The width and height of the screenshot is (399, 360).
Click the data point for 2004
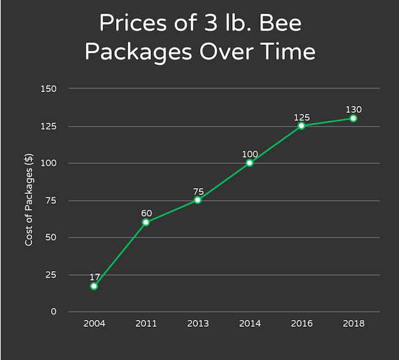click(x=94, y=286)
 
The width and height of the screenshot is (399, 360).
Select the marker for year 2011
click(x=145, y=222)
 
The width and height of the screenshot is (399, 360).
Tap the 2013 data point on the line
click(x=198, y=200)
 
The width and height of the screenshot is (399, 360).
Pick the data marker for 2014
click(x=250, y=163)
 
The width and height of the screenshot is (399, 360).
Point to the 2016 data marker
click(x=301, y=126)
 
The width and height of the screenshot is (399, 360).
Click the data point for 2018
click(x=354, y=118)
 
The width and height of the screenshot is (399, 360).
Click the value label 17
click(x=94, y=276)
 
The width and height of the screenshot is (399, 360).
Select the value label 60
click(x=145, y=213)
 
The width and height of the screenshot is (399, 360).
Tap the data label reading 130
click(x=354, y=109)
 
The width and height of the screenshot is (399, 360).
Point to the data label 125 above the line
click(x=301, y=117)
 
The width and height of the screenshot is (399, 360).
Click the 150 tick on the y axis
click(x=50, y=88)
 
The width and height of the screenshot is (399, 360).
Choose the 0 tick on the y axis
click(x=54, y=311)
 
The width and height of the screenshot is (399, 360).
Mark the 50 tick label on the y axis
click(x=52, y=237)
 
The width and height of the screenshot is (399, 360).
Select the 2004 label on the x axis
click(x=94, y=324)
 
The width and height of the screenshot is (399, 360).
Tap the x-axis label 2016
click(x=301, y=324)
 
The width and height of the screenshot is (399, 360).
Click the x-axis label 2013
click(x=198, y=324)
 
